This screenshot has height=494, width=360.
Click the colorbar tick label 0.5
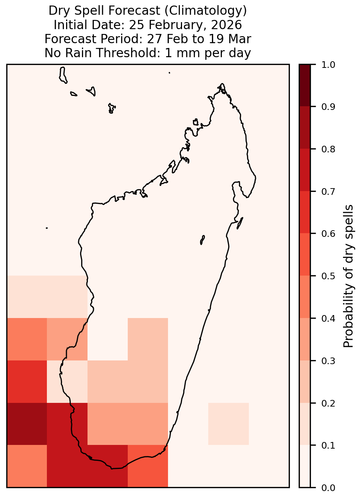(x=328, y=276)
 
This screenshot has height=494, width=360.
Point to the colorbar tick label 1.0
(x=328, y=65)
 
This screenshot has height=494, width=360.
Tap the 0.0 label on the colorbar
(x=328, y=488)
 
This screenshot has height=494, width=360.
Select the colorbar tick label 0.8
(x=328, y=149)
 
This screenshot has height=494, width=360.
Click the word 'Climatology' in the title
(x=205, y=11)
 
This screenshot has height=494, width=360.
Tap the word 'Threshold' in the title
(x=126, y=53)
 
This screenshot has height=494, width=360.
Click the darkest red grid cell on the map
(x=27, y=424)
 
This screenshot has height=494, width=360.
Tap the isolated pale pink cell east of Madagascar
(x=229, y=424)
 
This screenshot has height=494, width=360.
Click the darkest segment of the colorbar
(x=305, y=86)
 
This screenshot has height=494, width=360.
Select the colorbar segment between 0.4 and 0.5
(x=305, y=297)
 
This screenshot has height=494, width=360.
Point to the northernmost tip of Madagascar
(x=222, y=84)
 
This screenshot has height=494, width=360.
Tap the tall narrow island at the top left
(x=63, y=75)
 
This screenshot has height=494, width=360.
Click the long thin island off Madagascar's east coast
(x=240, y=223)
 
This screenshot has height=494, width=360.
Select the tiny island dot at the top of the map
(x=169, y=73)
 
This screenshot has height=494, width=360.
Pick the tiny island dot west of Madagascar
(x=47, y=228)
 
